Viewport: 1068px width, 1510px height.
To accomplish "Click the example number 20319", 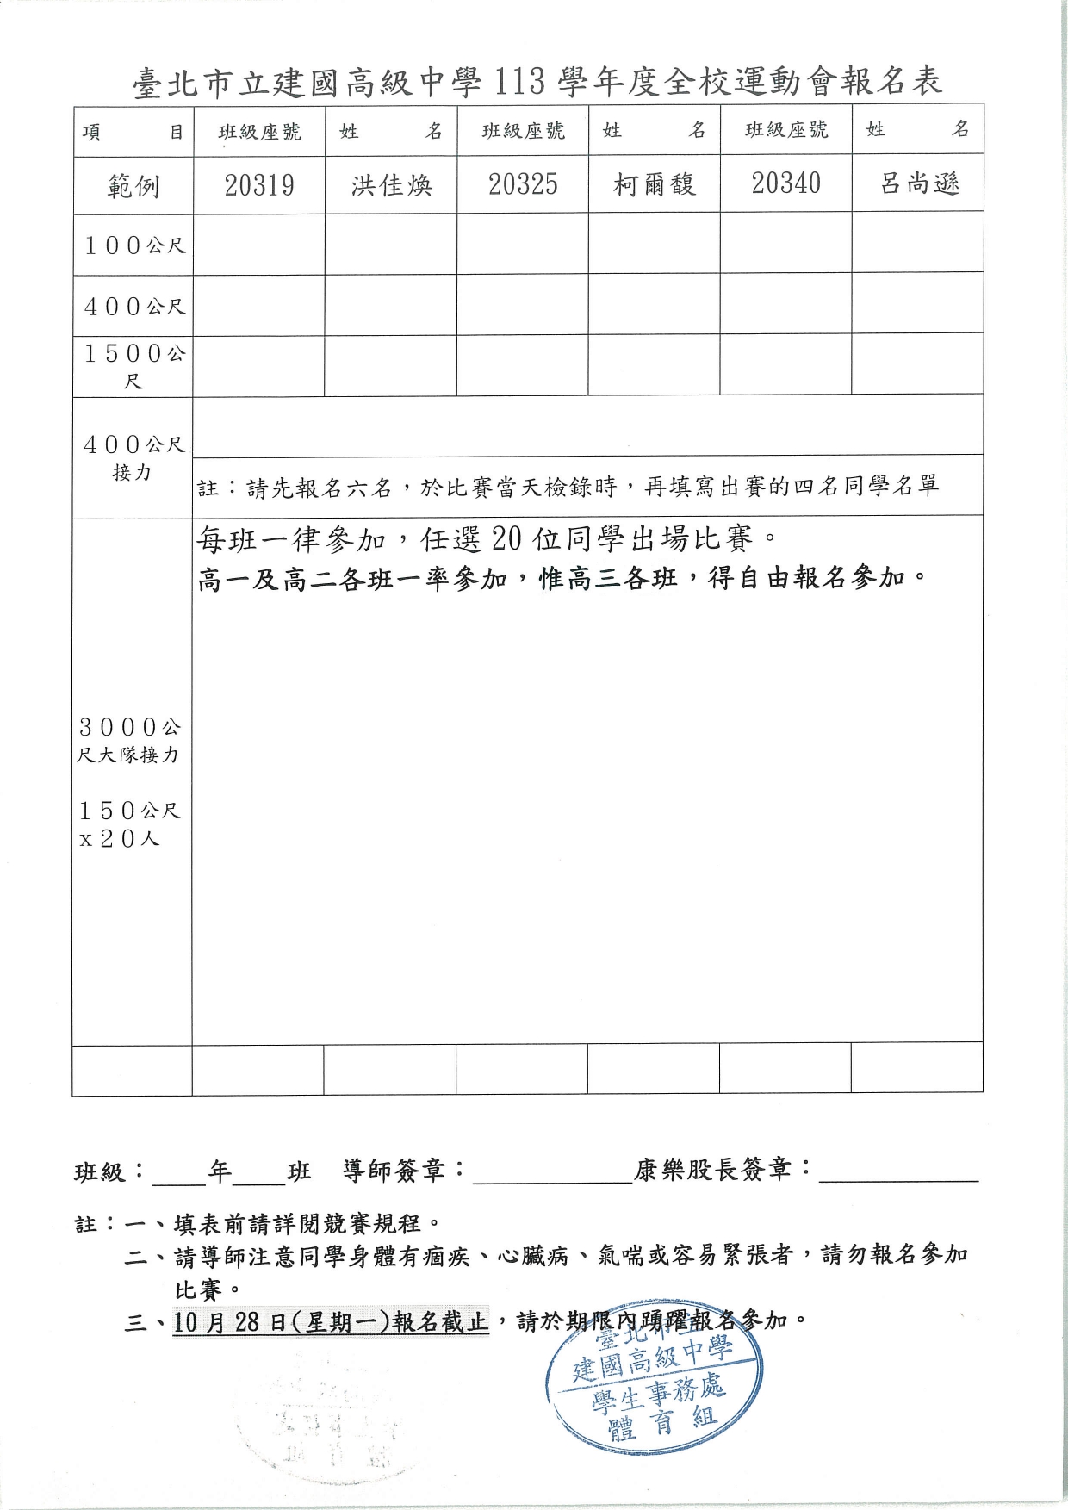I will click(x=259, y=185).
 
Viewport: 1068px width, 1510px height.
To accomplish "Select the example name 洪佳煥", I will click(x=391, y=185).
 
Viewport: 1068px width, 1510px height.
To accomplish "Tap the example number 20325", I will click(x=523, y=184).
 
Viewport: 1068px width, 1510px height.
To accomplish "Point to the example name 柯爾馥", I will click(x=655, y=184).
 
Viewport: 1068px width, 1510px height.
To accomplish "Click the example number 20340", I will click(x=786, y=183).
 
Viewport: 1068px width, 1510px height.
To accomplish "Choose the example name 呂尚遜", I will click(x=919, y=183).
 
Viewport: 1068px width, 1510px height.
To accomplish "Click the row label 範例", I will click(x=133, y=186).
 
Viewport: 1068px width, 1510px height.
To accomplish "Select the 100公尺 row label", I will click(x=134, y=245).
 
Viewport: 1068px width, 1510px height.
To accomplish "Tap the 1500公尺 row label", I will click(x=133, y=366).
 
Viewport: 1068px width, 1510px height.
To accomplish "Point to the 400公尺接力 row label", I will click(x=133, y=457).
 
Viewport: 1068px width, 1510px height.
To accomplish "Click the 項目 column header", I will click(x=133, y=132).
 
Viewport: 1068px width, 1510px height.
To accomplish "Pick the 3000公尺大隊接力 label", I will click(x=129, y=741).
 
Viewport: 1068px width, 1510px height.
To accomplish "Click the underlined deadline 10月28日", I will click(x=229, y=1322).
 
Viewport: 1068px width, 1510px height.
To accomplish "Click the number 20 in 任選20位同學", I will click(x=506, y=539).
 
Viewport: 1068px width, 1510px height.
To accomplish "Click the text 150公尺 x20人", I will click(x=129, y=824).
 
